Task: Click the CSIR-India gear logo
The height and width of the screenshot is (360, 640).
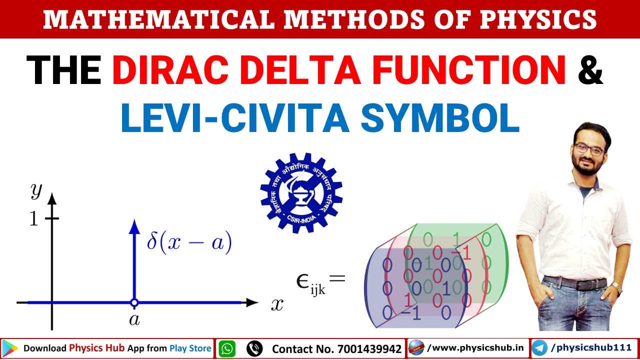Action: [301, 193]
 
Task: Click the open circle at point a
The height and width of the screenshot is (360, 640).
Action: [134, 302]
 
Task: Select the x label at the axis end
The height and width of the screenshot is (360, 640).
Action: [277, 304]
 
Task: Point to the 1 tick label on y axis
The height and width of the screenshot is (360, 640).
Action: [33, 219]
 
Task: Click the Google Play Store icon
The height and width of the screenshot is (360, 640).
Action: [10, 348]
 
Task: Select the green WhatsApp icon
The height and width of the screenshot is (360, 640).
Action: [227, 348]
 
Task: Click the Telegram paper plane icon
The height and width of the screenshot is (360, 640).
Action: [539, 348]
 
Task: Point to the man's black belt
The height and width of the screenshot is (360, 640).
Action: [575, 282]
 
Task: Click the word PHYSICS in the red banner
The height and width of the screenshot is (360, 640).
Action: [537, 19]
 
